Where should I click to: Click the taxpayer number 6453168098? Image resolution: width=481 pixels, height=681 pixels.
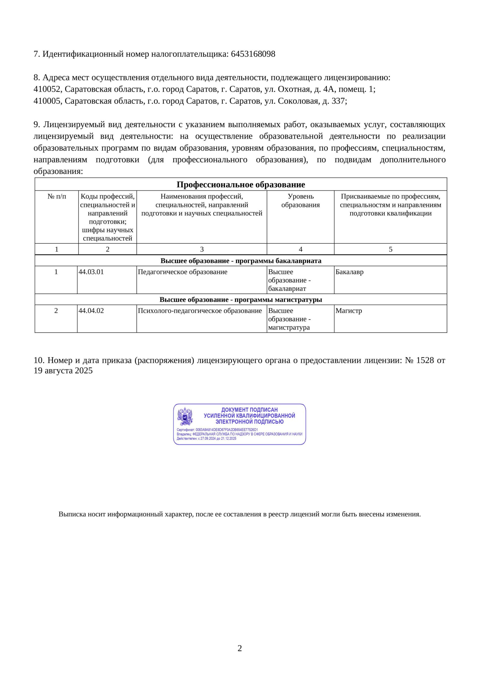pos(253,54)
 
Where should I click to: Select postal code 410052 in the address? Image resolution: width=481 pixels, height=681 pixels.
pos(47,89)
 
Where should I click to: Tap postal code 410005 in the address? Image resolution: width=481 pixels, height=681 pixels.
pos(47,101)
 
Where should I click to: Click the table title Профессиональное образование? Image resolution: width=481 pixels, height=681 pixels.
pos(241,185)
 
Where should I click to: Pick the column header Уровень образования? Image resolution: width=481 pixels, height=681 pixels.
pos(300,201)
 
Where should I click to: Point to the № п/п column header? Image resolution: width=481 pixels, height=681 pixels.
pos(57,196)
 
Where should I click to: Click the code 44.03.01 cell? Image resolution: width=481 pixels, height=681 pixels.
pos(91,272)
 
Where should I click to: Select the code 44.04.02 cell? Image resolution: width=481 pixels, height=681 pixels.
pos(91,311)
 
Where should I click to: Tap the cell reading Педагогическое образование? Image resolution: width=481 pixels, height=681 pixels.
pos(183,272)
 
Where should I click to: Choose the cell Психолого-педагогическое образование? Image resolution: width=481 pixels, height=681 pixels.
pos(200,311)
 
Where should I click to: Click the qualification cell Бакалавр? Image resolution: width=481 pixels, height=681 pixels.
pos(349,272)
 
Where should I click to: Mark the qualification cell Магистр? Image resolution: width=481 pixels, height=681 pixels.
pos(348,311)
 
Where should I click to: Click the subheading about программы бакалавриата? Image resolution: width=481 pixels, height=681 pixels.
pos(241,261)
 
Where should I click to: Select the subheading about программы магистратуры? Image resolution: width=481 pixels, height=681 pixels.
pos(241,300)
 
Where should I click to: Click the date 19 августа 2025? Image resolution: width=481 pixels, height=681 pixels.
pos(63,371)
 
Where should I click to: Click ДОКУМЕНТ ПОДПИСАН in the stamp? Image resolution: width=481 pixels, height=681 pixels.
pos(249,410)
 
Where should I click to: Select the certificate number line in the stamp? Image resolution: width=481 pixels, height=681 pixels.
pos(217,430)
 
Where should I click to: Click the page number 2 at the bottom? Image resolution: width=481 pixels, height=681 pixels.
pos(240,648)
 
